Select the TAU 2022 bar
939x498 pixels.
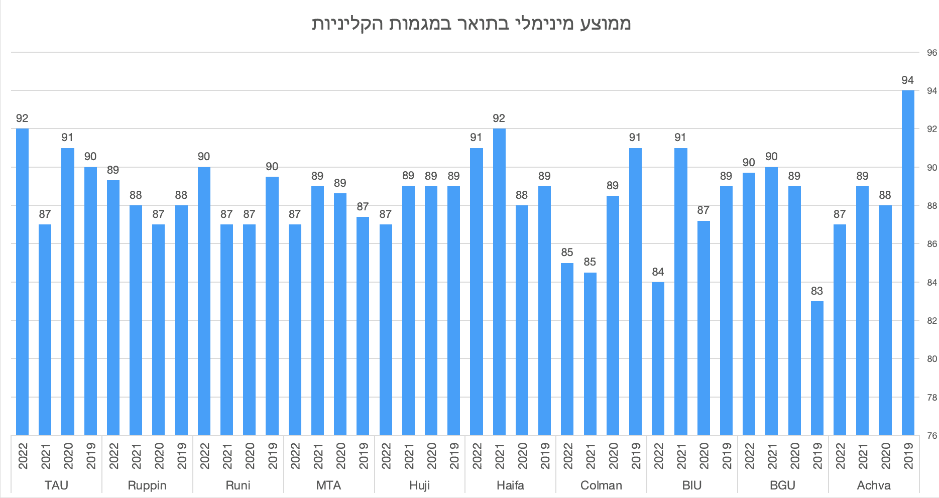(x=22, y=281)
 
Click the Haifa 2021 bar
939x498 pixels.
(x=499, y=281)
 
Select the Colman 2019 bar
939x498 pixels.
(x=635, y=291)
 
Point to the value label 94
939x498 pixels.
(x=907, y=80)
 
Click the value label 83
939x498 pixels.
(x=817, y=291)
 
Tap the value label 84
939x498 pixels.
(x=658, y=272)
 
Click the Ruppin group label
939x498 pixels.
(x=147, y=485)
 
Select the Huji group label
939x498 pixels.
(x=420, y=485)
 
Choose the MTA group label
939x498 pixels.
(x=328, y=485)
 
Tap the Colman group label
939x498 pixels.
(x=601, y=485)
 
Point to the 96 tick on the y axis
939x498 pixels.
(x=931, y=53)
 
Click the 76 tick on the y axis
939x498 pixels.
(x=931, y=436)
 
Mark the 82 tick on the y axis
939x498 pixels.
(x=931, y=321)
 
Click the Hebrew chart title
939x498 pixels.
(x=471, y=24)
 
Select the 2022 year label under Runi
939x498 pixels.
(x=204, y=456)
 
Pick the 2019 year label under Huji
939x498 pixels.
(x=454, y=456)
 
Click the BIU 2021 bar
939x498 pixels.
(x=681, y=291)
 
